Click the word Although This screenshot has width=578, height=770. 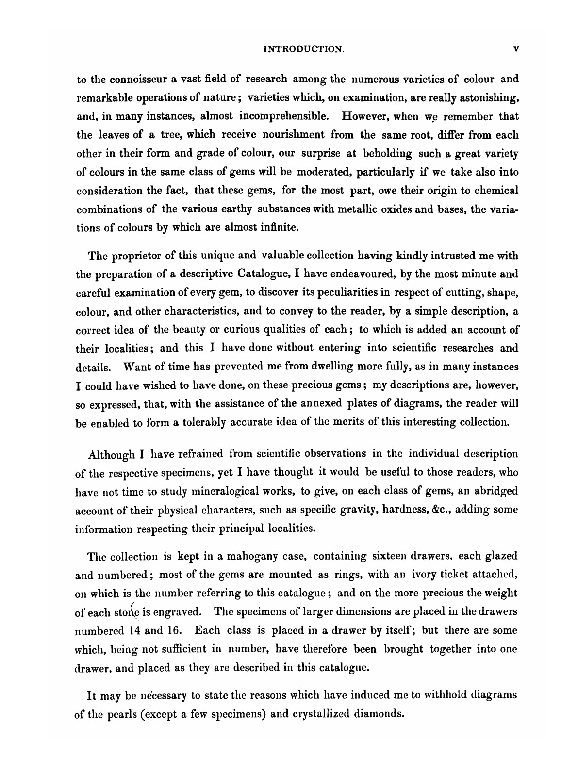[111, 454]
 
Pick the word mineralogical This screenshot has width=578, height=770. [239, 491]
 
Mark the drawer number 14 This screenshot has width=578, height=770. [134, 631]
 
